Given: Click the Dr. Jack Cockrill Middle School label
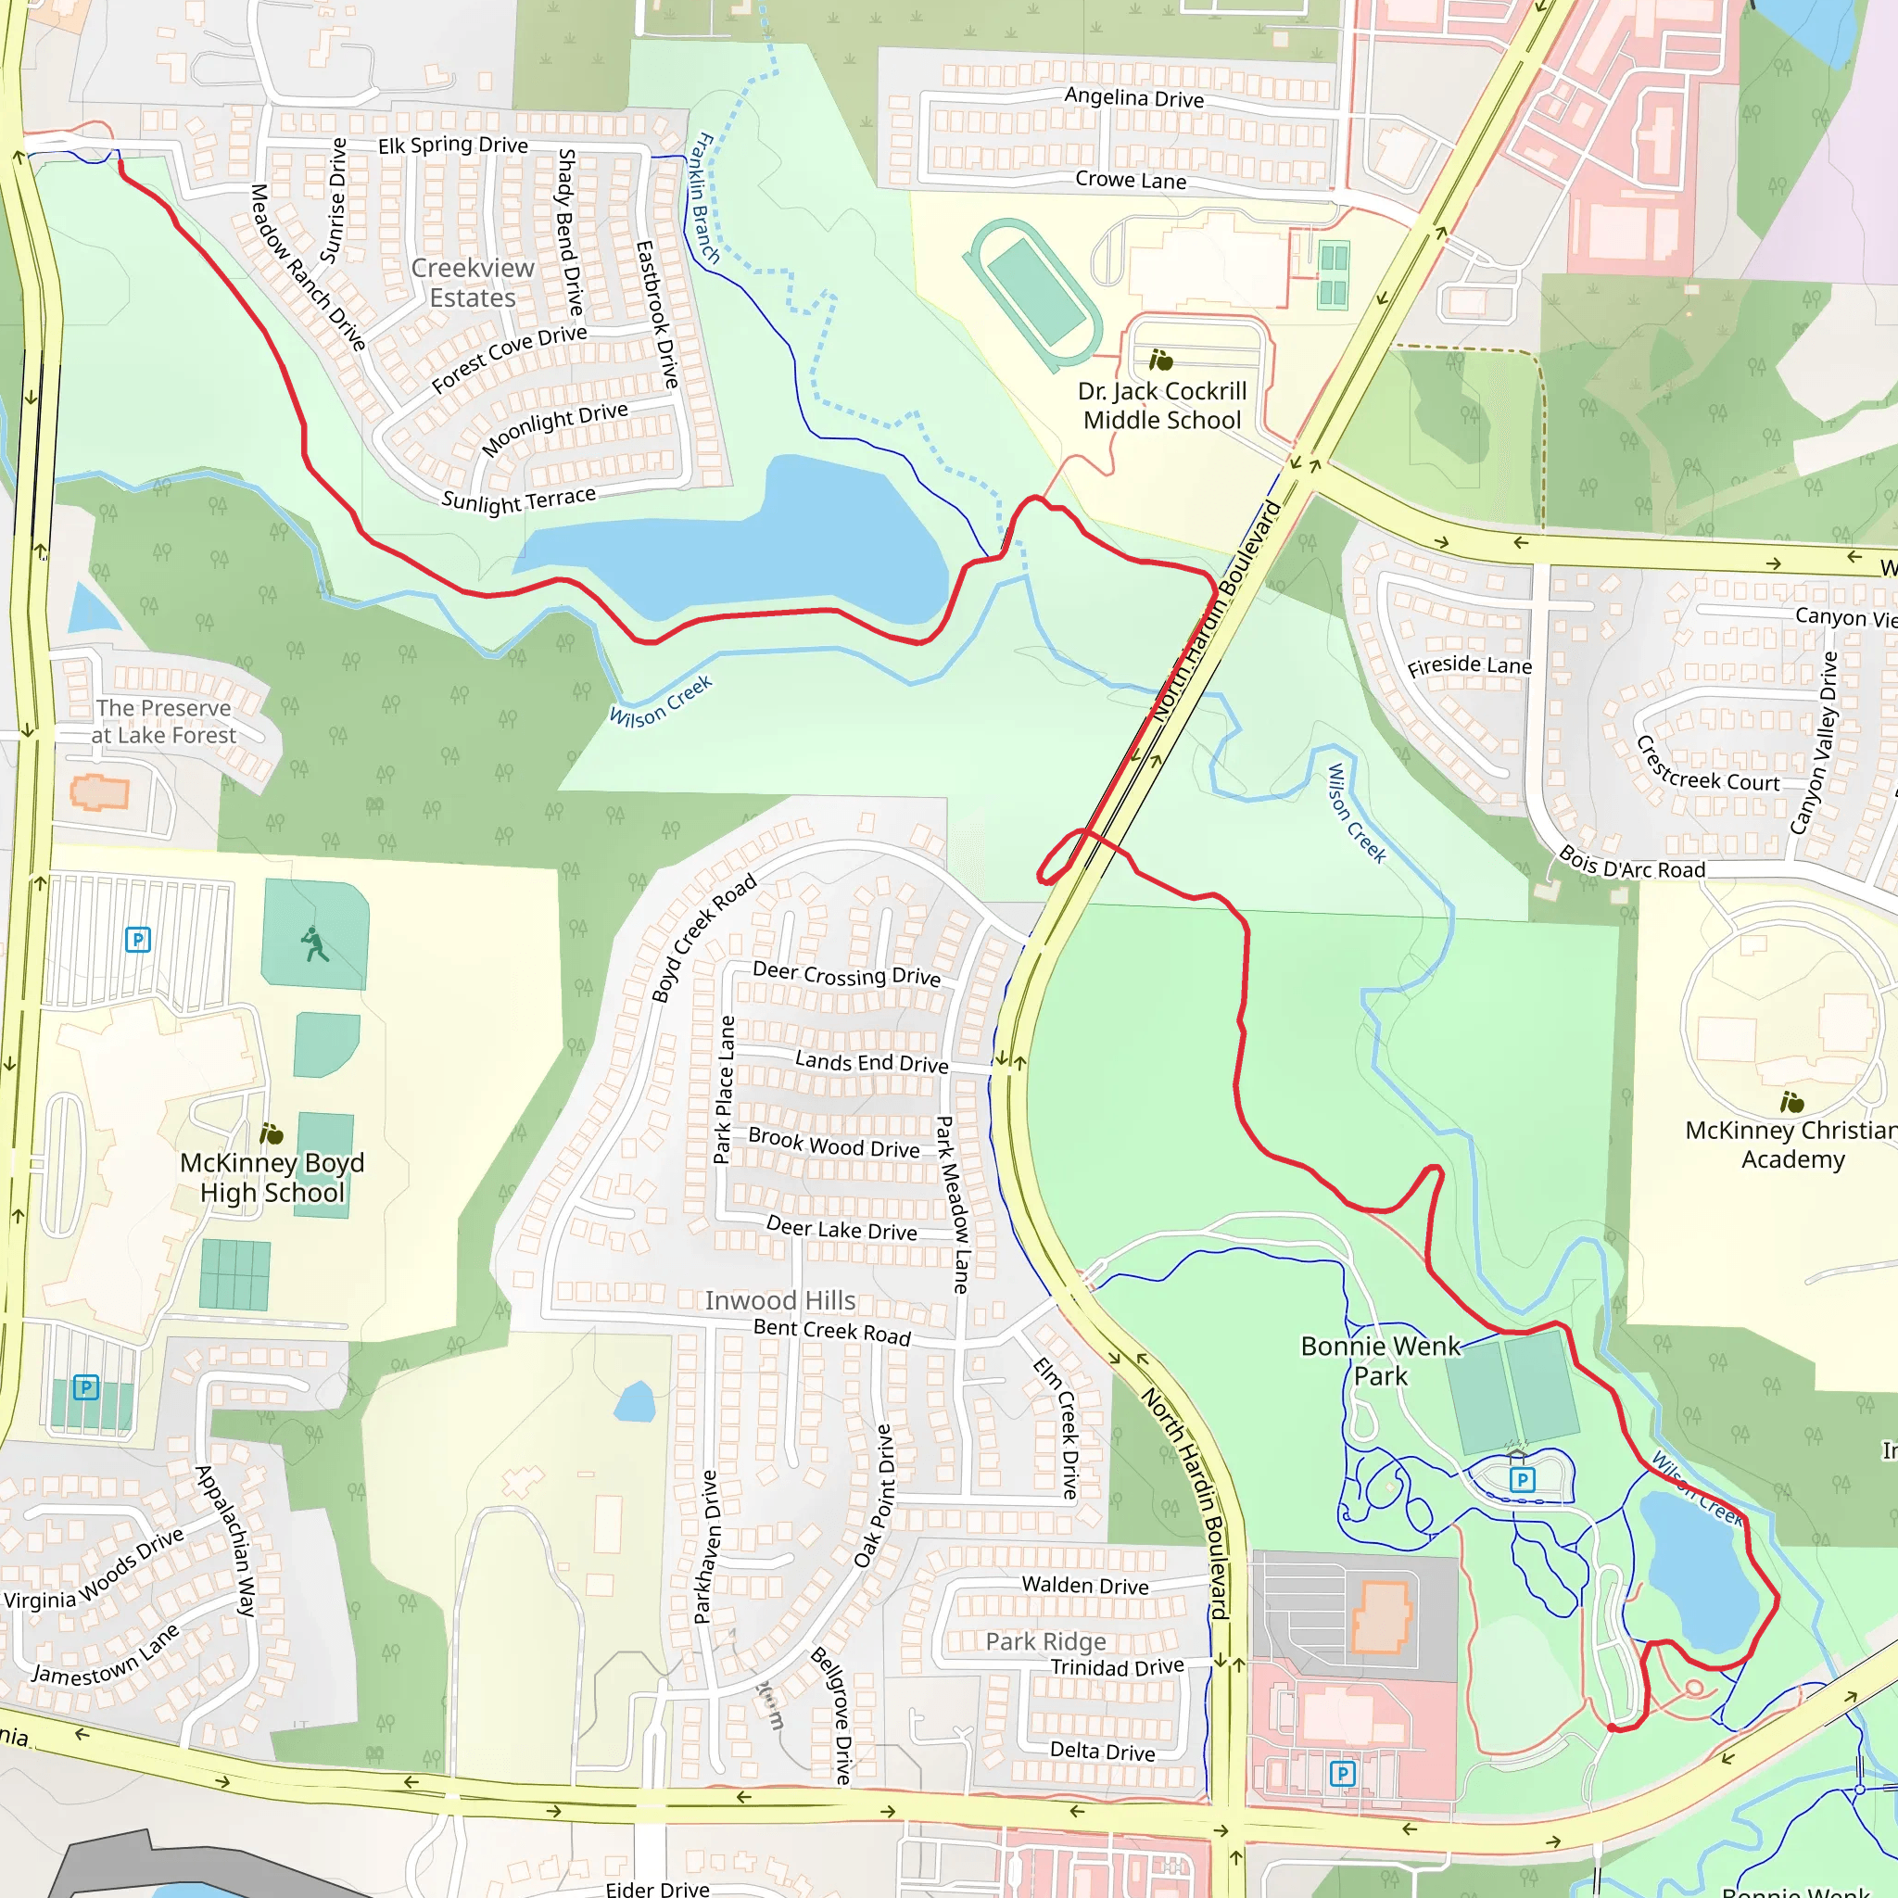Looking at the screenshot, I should coord(1162,406).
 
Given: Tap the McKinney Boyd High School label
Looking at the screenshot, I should coord(272,1177).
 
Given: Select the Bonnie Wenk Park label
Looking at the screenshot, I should coord(1380,1360).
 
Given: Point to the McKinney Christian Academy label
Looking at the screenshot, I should coord(1790,1145).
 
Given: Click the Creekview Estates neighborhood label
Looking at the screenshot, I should coord(473,283).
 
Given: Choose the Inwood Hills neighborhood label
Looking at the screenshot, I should coord(780,1300).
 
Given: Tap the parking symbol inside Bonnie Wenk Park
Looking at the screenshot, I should coord(1522,1479).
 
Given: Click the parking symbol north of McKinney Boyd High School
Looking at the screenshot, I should coord(138,939).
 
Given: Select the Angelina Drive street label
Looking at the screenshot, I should coord(1133,97).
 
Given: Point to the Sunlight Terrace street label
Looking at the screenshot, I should coord(519,500).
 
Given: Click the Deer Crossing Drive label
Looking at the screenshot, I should coord(846,975).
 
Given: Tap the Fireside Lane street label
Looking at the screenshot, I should coord(1469,666).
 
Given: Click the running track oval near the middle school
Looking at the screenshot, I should coord(1033,293).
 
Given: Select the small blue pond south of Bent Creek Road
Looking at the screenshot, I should coord(635,1402).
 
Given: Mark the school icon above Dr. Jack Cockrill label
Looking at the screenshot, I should coord(1161,361).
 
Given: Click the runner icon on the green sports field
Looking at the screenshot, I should coord(314,944).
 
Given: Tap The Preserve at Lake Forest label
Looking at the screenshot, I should coord(164,721).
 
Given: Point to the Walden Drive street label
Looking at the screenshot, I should coord(1084,1585).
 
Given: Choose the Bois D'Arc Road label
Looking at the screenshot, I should coord(1632,864).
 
